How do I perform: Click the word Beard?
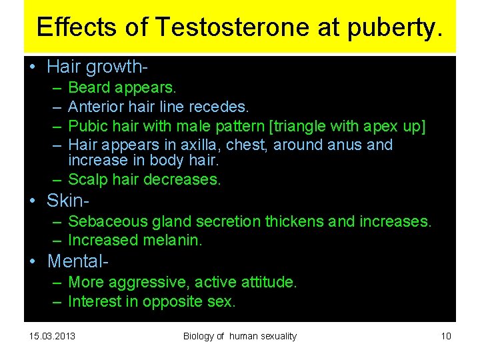click(90, 87)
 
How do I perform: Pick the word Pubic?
click(87, 126)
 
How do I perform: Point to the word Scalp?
click(88, 179)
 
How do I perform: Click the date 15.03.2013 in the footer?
click(52, 336)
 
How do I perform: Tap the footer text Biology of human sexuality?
click(239, 336)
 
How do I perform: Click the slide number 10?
click(445, 336)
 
